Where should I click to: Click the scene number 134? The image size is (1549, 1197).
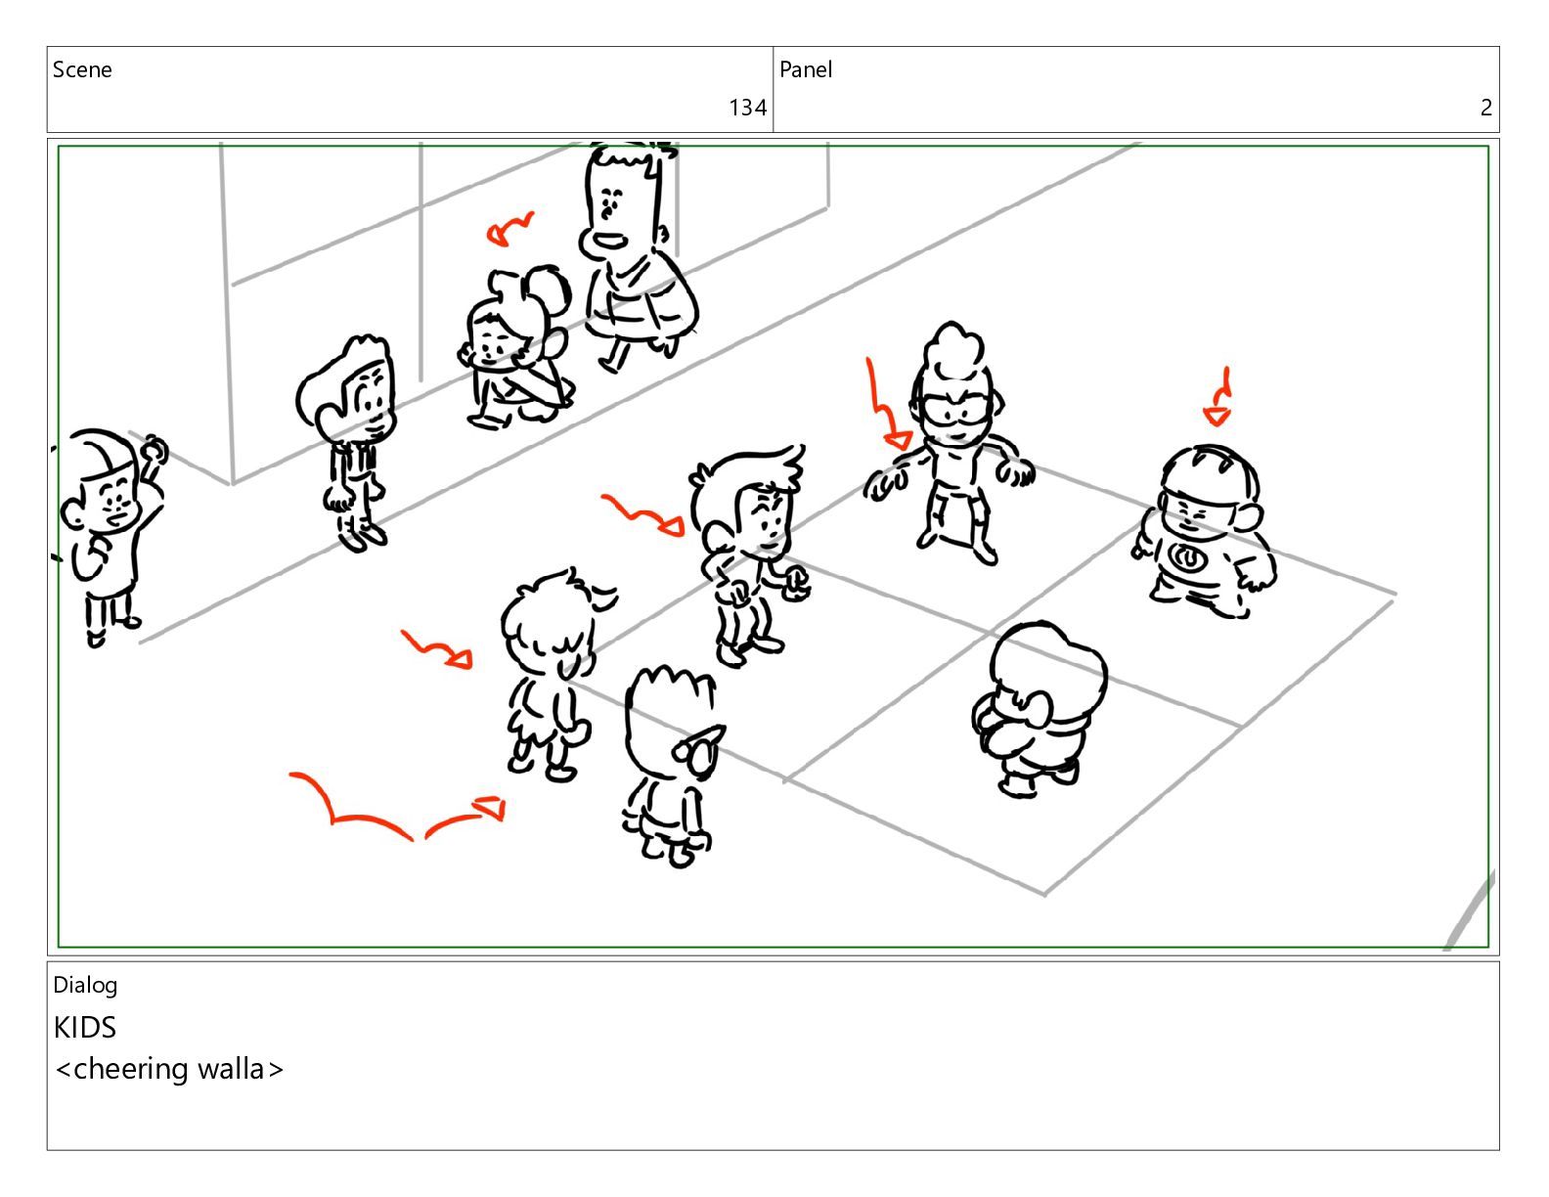pyautogui.click(x=747, y=108)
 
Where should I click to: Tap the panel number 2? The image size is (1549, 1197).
pyautogui.click(x=1486, y=108)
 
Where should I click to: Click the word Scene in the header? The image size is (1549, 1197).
pyautogui.click(x=82, y=69)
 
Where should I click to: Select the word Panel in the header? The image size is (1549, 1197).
pyautogui.click(x=806, y=69)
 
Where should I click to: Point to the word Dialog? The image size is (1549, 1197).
pyautogui.click(x=85, y=986)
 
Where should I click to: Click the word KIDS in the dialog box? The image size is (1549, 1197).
pyautogui.click(x=85, y=1028)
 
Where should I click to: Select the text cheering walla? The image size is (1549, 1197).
pyautogui.click(x=169, y=1070)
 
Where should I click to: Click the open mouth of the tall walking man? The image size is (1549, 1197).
pyautogui.click(x=610, y=241)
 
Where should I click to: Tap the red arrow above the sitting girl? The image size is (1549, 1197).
pyautogui.click(x=509, y=229)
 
